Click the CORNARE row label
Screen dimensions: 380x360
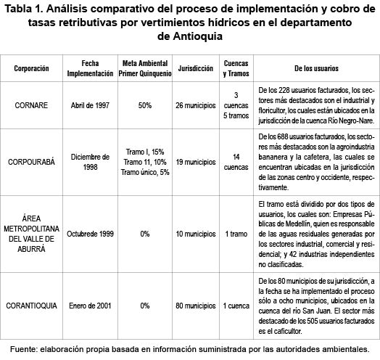click(x=33, y=105)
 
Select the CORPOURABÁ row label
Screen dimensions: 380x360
click(x=33, y=160)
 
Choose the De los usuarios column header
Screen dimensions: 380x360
click(x=317, y=68)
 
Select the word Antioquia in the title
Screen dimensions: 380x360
click(x=189, y=35)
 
